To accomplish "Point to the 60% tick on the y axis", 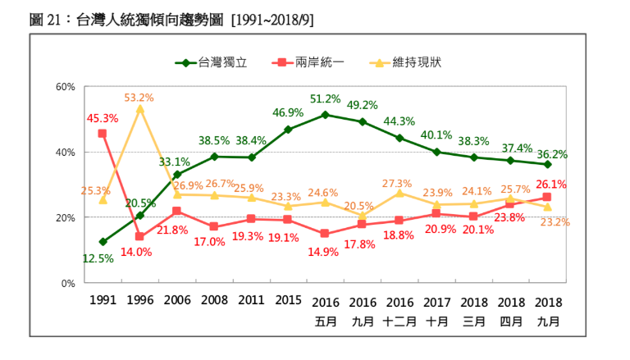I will (66, 87).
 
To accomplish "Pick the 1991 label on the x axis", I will (103, 302).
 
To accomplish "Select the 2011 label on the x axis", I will (251, 302).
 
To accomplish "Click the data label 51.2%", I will (325, 99).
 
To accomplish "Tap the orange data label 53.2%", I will (139, 97).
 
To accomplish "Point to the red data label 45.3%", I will (103, 118).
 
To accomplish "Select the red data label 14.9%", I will (325, 251).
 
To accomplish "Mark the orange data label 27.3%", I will (399, 184).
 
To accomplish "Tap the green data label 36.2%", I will (551, 153).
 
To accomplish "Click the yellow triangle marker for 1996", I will (139, 108).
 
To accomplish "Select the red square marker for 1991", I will (103, 134).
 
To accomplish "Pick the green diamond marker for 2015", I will (288, 130).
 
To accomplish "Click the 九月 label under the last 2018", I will (548, 321).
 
